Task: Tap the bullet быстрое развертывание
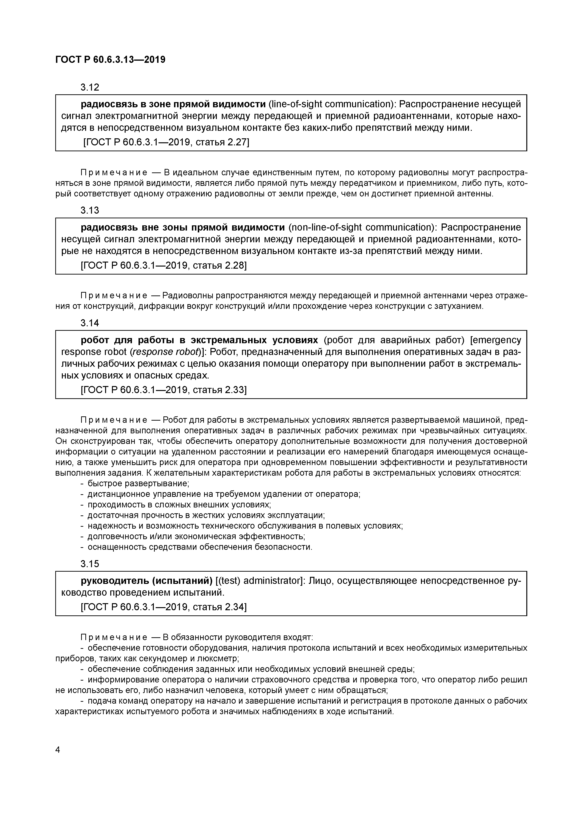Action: [x=138, y=483]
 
